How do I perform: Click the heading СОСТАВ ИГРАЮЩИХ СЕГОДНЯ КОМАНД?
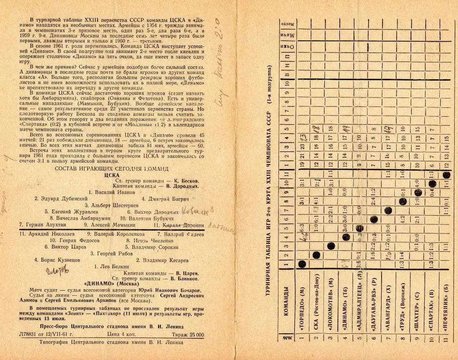[111, 167]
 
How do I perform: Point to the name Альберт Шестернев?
[111, 205]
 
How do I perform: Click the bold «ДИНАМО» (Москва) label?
[111, 284]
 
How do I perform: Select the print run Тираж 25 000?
[186, 334]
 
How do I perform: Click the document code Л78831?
[28, 334]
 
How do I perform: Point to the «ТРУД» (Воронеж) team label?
[402, 310]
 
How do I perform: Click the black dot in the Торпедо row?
[301, 266]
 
